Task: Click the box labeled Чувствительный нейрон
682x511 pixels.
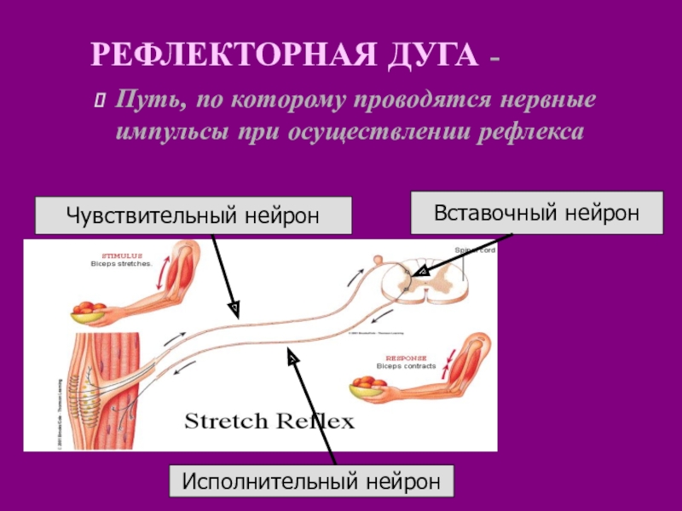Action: [x=194, y=216]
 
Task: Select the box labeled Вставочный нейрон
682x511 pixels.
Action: [x=537, y=212]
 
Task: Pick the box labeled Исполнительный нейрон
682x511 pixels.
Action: [x=312, y=482]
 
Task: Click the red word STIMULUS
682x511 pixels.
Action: [x=122, y=255]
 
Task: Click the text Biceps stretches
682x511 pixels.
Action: [x=121, y=263]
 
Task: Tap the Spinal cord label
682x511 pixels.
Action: [x=474, y=250]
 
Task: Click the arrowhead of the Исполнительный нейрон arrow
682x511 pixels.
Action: [x=292, y=360]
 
